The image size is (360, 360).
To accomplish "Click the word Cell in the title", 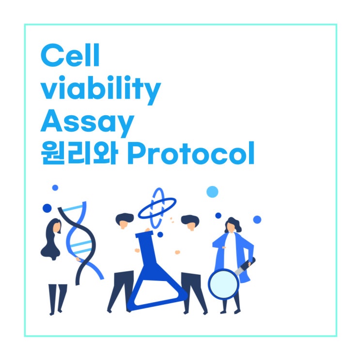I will [x=70, y=56].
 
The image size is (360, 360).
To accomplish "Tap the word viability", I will [x=100, y=90].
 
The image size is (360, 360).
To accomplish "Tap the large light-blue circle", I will [x=212, y=192].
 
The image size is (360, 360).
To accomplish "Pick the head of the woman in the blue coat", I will [x=232, y=225].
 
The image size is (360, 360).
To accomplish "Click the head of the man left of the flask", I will [x=125, y=221].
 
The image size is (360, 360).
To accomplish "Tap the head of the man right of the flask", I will [x=190, y=222].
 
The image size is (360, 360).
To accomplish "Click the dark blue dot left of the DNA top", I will [x=47, y=208].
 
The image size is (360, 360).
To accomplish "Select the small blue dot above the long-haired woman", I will [x=55, y=188].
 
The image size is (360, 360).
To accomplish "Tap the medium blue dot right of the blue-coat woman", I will [x=257, y=219].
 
